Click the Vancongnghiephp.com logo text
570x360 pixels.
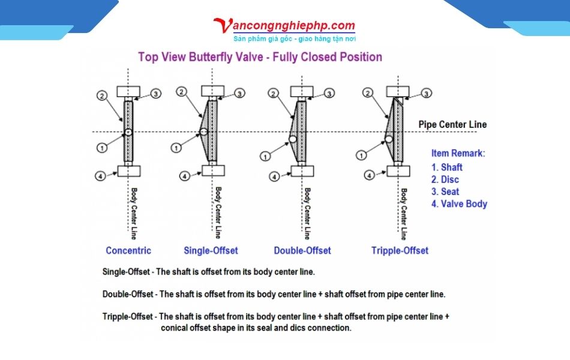click(285, 25)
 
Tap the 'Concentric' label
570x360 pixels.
click(128, 251)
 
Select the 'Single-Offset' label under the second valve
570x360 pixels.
click(211, 251)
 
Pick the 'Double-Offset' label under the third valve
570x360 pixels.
click(302, 251)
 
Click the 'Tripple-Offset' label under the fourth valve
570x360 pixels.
click(400, 251)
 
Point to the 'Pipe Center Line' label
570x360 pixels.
click(452, 125)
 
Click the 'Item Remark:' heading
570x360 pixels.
click(458, 154)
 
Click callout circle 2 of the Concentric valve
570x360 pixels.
click(102, 95)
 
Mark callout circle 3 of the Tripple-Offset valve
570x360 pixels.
click(426, 93)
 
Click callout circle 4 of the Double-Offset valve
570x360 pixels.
click(274, 176)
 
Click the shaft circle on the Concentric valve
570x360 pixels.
click(128, 131)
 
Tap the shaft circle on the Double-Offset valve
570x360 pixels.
click(293, 139)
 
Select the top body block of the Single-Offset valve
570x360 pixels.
click(213, 91)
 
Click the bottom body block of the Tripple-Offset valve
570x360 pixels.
click(399, 170)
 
